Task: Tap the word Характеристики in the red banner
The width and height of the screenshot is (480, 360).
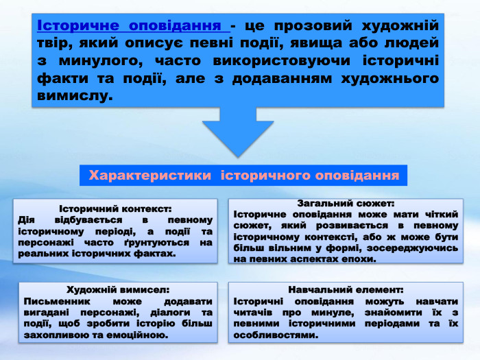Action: click(x=150, y=176)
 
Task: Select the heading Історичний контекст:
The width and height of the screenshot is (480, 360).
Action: click(x=115, y=208)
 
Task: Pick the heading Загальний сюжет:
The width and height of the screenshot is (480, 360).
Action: click(x=346, y=203)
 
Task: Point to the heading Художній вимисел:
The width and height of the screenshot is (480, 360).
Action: click(x=117, y=290)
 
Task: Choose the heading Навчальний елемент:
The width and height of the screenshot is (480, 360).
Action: click(x=346, y=290)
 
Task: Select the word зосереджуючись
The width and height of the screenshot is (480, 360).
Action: click(x=416, y=248)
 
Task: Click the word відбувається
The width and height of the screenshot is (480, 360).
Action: click(x=84, y=220)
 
